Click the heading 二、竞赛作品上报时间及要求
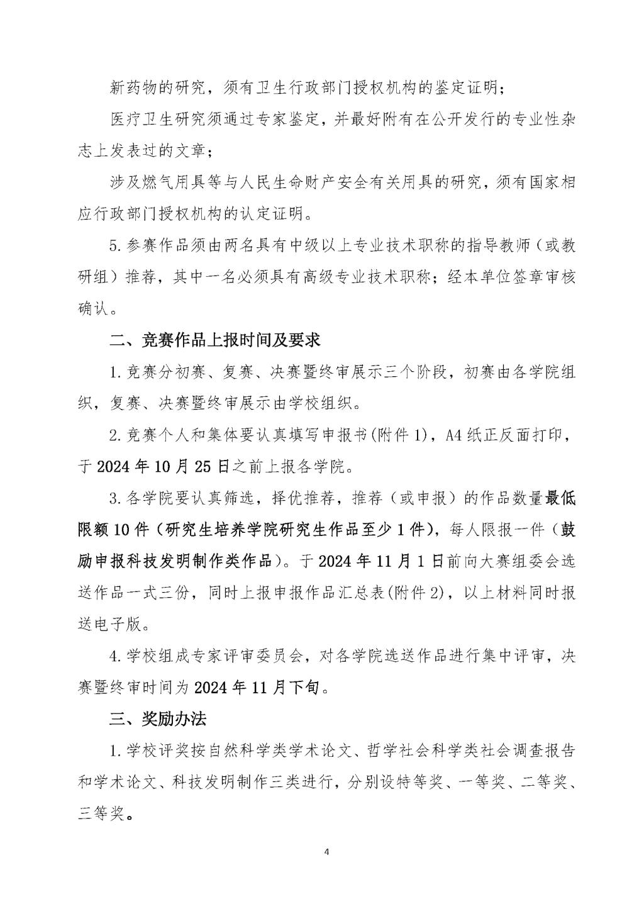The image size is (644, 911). coord(214,340)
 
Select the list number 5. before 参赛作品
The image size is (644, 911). coord(114,246)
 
